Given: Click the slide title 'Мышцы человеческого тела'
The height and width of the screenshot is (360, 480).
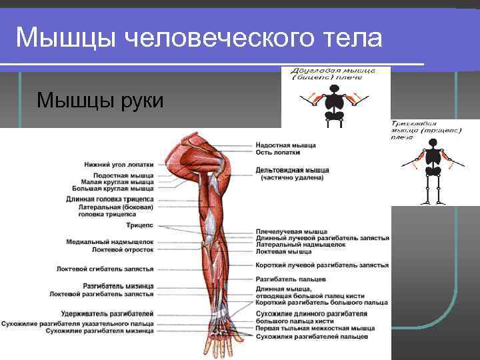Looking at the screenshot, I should (x=199, y=39).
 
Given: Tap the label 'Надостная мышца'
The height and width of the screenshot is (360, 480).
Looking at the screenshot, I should (x=285, y=145).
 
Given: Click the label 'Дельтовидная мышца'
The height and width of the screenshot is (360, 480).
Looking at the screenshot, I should (x=292, y=170).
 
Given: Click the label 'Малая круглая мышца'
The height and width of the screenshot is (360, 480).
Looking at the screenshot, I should (x=117, y=182).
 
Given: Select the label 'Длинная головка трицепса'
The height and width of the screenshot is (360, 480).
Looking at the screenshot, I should (x=110, y=199).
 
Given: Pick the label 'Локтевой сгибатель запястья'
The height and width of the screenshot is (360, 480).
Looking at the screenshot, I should (x=105, y=269).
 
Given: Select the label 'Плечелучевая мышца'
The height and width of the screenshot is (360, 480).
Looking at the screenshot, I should (x=291, y=232).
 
